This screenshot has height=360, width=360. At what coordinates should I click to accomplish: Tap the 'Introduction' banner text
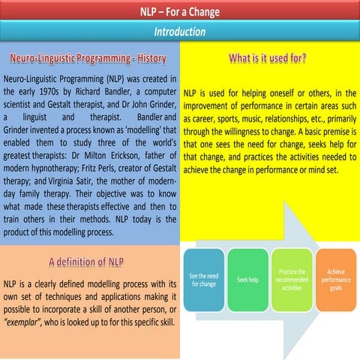pyautogui.click(x=180, y=32)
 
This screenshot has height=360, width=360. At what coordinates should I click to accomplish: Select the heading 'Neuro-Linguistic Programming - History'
pyautogui.click(x=92, y=58)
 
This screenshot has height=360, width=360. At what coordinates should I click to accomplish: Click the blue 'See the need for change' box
pyautogui.click(x=203, y=280)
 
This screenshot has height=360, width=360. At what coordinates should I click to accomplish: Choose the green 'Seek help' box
pyautogui.click(x=247, y=280)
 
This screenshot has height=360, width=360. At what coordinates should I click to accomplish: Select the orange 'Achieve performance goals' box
pyautogui.click(x=334, y=280)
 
